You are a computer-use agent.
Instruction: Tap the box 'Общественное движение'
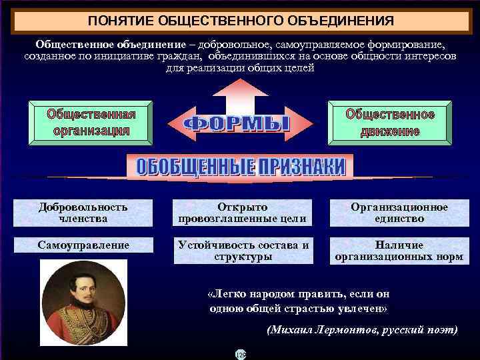click(390, 122)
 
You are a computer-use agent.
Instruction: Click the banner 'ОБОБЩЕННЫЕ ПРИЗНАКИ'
click(241, 167)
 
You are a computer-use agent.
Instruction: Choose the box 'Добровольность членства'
click(83, 212)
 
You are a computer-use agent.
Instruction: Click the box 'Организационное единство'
click(399, 212)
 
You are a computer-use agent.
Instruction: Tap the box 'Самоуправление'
click(83, 245)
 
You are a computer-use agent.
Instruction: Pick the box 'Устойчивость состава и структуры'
click(243, 251)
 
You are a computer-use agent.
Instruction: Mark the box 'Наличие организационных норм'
click(399, 251)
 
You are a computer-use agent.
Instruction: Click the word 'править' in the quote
click(308, 293)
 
